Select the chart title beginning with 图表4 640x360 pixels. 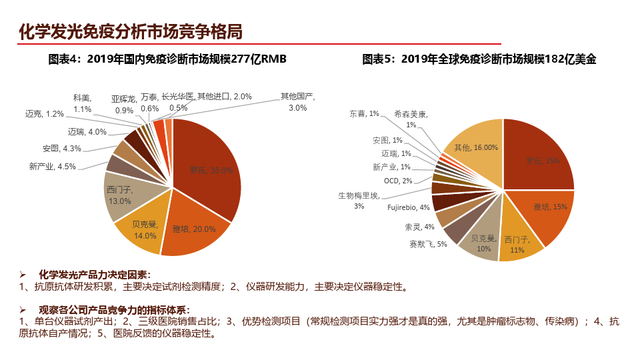(167, 59)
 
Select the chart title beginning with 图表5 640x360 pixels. (479, 59)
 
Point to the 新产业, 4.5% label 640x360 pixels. (53, 166)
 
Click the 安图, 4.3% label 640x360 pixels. (61, 148)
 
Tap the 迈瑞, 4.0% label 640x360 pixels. (87, 131)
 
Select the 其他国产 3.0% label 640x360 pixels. (297, 101)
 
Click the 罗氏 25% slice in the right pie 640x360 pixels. (540, 160)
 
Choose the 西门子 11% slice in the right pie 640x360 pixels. (516, 243)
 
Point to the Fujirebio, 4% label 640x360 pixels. (409, 207)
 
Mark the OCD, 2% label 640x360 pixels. (398, 181)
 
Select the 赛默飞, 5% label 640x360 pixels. (428, 244)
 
